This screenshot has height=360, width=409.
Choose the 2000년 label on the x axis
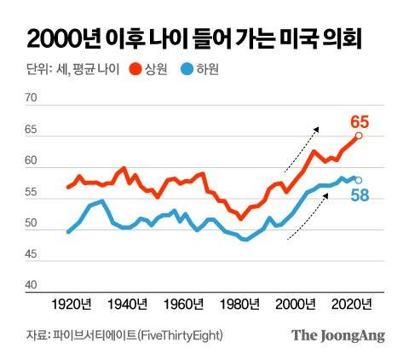298,304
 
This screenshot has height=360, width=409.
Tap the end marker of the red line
359,136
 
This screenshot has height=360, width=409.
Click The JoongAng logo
339,335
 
